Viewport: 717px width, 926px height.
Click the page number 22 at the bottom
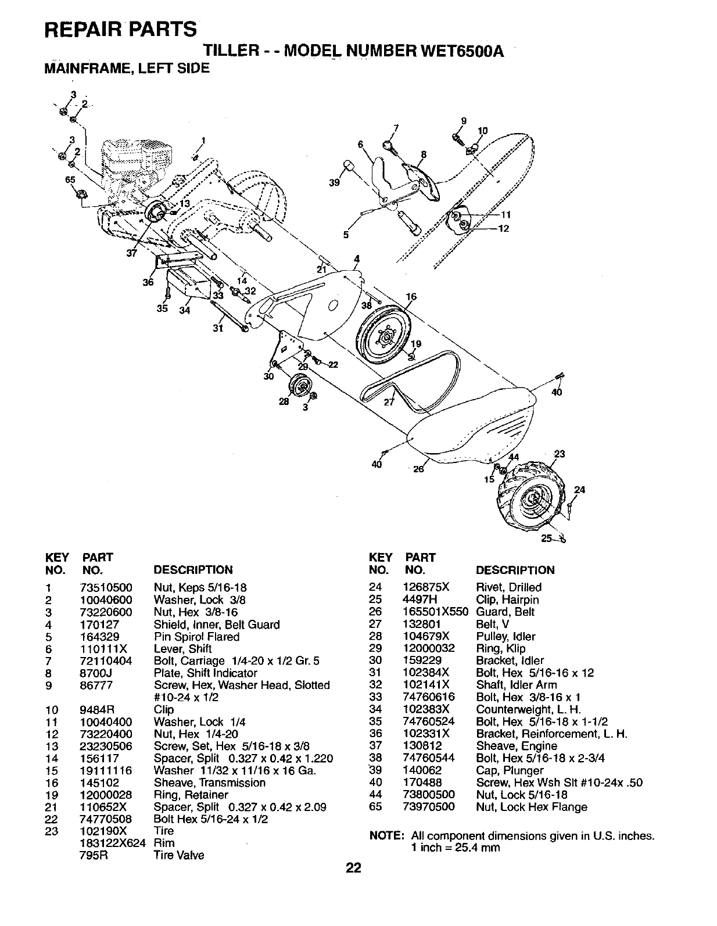[x=353, y=868]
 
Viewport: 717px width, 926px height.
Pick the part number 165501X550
[x=435, y=612]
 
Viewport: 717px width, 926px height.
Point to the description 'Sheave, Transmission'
[x=209, y=783]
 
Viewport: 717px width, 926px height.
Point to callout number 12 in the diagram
[x=503, y=228]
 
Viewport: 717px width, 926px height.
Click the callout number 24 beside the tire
[x=579, y=490]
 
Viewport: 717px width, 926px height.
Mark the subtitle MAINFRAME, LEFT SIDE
[x=127, y=69]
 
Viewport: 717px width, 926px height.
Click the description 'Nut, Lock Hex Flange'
[x=531, y=807]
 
